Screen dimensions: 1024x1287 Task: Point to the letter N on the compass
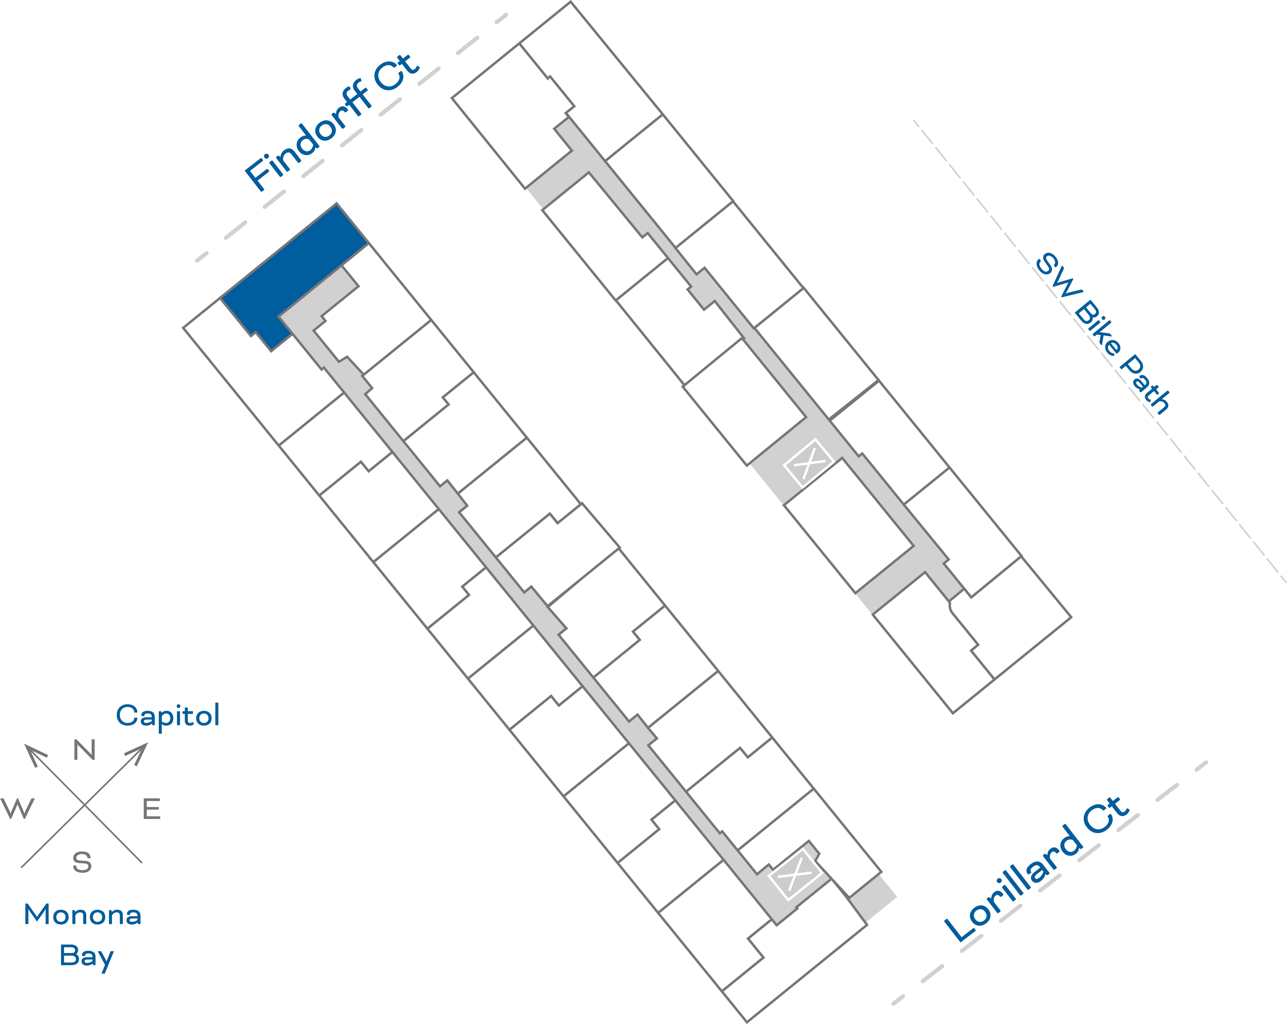tap(84, 750)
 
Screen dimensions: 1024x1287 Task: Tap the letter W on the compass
tap(18, 809)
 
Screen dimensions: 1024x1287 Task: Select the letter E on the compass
tap(152, 809)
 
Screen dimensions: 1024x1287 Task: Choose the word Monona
tap(82, 915)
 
